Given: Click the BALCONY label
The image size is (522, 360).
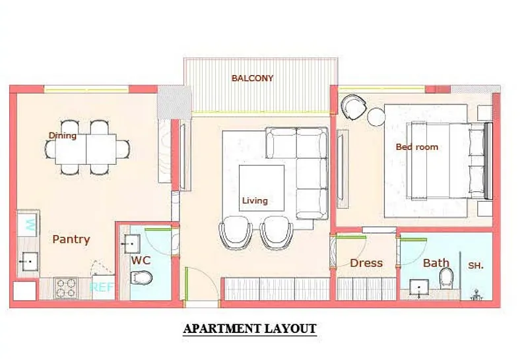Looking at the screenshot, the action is click(x=252, y=78).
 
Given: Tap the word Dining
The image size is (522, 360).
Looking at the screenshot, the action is click(x=63, y=135).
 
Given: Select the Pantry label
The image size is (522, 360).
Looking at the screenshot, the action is click(x=71, y=239).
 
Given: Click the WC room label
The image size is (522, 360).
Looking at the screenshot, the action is click(x=141, y=260).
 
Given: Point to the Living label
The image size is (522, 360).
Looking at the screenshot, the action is click(x=255, y=200).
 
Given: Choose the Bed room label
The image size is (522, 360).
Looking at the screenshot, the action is click(x=417, y=147).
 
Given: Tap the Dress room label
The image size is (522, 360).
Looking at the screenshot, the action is click(x=366, y=263).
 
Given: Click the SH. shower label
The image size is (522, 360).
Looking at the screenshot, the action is click(x=476, y=266).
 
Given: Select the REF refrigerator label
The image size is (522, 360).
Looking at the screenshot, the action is click(x=102, y=287).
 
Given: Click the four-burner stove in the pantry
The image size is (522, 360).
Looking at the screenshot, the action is click(x=66, y=288).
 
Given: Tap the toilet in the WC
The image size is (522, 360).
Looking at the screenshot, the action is click(x=141, y=278).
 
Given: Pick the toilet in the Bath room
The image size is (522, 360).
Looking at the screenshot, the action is click(x=446, y=278).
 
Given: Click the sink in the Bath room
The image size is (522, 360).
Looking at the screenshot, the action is click(x=419, y=287).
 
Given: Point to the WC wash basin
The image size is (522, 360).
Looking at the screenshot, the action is click(x=132, y=244).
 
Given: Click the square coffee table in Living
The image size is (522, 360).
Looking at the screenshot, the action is click(x=262, y=188).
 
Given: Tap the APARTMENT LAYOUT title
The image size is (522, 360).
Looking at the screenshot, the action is click(x=249, y=329).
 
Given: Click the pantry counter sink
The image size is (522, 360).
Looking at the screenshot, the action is click(x=28, y=262).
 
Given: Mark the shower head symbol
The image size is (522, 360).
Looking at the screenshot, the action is click(x=477, y=295).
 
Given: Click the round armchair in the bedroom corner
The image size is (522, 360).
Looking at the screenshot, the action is click(x=353, y=107).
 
